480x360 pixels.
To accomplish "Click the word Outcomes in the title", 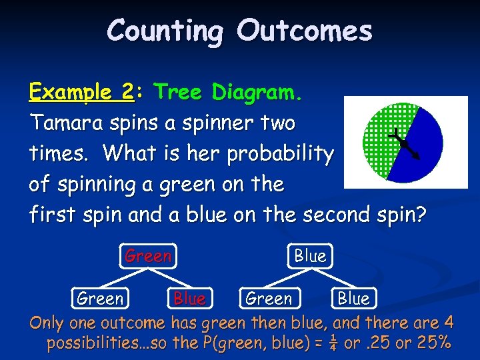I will pos(305,31).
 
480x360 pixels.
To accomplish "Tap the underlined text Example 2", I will pos(81,93).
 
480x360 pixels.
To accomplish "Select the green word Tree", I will pos(179,93).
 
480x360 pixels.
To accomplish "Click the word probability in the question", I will pos(280,154).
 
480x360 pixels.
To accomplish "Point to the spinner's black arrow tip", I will pos(418,158).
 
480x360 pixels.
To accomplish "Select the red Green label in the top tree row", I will pos(148,256).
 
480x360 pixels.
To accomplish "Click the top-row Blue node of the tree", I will pos(310,256).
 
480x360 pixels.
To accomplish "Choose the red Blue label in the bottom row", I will pos(189,299).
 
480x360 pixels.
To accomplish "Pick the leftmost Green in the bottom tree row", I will pos(100,299).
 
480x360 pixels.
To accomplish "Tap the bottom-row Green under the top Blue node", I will pos(269,299).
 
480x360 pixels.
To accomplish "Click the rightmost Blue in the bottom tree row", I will pos(353,299).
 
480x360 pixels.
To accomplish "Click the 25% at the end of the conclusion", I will pos(433,344).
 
